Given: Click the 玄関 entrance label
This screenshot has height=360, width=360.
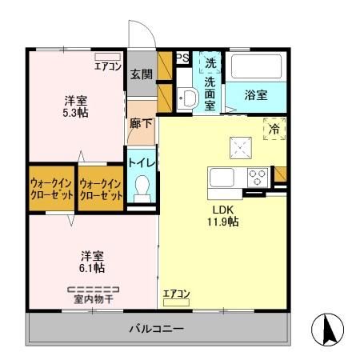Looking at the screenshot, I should click(141, 74).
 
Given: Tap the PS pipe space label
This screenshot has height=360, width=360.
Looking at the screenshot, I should click(182, 58).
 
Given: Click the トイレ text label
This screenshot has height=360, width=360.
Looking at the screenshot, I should click(142, 162).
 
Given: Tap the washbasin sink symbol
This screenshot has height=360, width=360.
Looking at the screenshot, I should click(188, 99).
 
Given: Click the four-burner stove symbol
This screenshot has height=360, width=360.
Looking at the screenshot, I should click(258, 177).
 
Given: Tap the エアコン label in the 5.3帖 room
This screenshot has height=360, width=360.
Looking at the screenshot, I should click(107, 66).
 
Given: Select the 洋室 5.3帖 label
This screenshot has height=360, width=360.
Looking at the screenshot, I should click(76, 107).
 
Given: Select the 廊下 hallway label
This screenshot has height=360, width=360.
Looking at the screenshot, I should click(141, 124).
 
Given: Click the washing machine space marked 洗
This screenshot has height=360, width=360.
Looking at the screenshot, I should click(210, 62).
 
